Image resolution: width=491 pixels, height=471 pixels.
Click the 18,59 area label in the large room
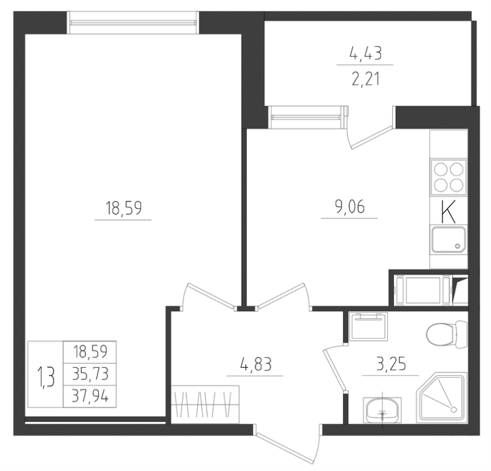coord(123,208)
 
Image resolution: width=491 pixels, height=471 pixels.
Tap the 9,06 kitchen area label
coord(350,206)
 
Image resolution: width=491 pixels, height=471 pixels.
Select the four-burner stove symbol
coord(449,177)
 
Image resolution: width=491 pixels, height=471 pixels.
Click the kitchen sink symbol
coord(449,239)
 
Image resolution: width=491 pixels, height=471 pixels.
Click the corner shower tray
coord(441,397)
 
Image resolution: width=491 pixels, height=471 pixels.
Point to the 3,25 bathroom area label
coord(391,364)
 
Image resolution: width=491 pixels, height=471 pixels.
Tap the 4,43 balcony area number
coord(365,53)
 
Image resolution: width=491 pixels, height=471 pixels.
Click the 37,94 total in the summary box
coord(90,397)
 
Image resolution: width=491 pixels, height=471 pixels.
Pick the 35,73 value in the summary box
coord(90,374)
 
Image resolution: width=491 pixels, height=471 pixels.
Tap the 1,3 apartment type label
coord(45,377)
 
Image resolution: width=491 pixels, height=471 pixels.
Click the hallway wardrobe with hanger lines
coord(205,405)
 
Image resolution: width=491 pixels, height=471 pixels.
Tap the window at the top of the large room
coord(133,23)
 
